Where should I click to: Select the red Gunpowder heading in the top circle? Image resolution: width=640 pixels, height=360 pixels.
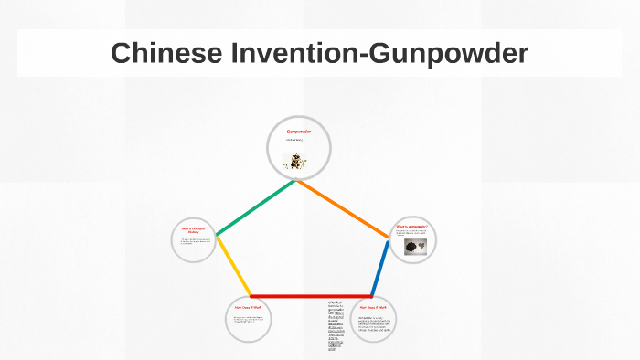pyautogui.click(x=298, y=132)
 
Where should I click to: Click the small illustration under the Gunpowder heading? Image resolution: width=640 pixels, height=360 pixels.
pyautogui.click(x=296, y=162)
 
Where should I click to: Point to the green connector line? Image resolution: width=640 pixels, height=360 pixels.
pyautogui.click(x=256, y=207)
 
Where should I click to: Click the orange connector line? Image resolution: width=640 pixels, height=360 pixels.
pyautogui.click(x=343, y=210)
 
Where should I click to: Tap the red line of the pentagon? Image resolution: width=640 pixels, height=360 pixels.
pyautogui.click(x=311, y=296)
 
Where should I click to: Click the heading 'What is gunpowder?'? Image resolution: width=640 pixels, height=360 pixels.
pyautogui.click(x=411, y=225)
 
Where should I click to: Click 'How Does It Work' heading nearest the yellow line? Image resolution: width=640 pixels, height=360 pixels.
pyautogui.click(x=247, y=308)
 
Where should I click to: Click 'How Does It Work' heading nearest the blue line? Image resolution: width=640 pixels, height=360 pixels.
pyautogui.click(x=376, y=308)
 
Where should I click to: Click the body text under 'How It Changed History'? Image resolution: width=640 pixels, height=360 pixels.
pyautogui.click(x=192, y=241)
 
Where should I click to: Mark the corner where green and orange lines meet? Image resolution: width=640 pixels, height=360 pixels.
pyautogui.click(x=296, y=180)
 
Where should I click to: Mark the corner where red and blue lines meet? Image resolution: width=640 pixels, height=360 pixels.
pyautogui.click(x=372, y=296)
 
